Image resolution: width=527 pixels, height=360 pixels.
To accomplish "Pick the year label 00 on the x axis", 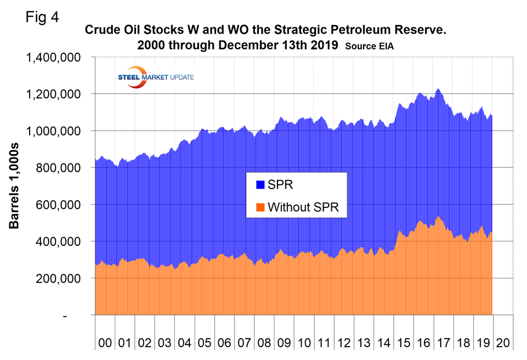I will pos(105,343).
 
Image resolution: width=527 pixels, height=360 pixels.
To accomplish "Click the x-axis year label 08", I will pos(264,343).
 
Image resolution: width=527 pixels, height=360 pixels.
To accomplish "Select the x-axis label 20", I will pos(503,343).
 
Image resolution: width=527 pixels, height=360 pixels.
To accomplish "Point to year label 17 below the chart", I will pos(443,343).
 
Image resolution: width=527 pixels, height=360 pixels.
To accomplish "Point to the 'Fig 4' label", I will pos(42,16).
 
